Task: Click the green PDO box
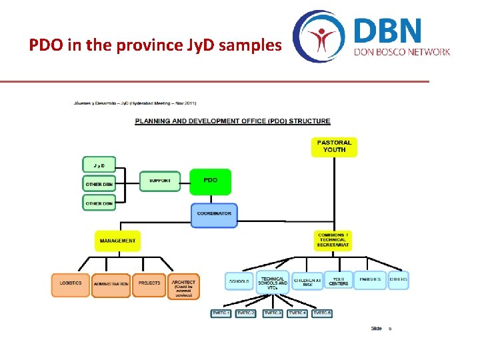click(x=211, y=181)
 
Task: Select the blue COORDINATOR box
click(x=214, y=215)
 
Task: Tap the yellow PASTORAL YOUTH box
click(x=334, y=147)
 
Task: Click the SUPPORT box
click(x=160, y=181)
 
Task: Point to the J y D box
click(x=99, y=164)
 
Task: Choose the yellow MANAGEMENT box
click(x=117, y=241)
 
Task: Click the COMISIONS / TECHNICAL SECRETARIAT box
click(x=333, y=240)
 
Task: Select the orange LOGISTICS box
click(x=71, y=284)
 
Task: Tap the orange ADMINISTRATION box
click(x=111, y=285)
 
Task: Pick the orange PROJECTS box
click(x=149, y=284)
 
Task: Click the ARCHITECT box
click(x=183, y=286)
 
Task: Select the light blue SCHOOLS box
click(x=239, y=281)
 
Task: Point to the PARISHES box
click(x=370, y=280)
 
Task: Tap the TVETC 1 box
click(x=221, y=313)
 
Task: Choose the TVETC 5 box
click(x=323, y=313)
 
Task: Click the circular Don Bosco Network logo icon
click(x=319, y=37)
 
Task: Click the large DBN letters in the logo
click(x=387, y=31)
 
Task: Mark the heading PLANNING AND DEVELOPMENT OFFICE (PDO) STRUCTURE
click(x=233, y=121)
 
